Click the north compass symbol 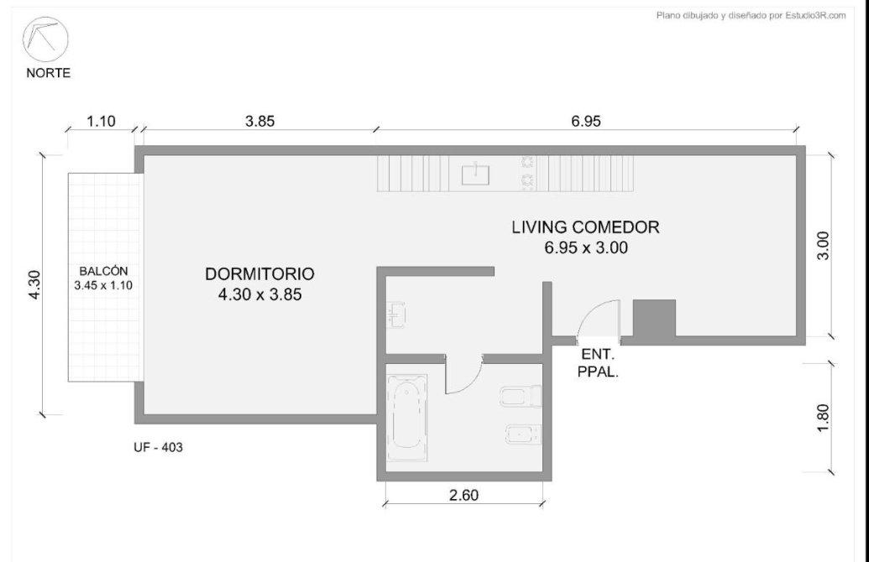tap(44, 39)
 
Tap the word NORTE tap(48, 73)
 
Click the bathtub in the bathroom tap(407, 418)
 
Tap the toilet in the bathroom tap(521, 397)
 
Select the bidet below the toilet tap(523, 435)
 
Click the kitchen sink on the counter tap(476, 174)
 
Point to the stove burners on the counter tap(527, 171)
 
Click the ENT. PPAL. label tap(598, 363)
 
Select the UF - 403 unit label tap(158, 447)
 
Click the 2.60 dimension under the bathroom tap(463, 495)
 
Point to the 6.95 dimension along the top tap(586, 121)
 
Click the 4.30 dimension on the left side tap(34, 284)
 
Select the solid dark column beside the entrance tap(655, 318)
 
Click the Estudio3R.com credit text tap(751, 15)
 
